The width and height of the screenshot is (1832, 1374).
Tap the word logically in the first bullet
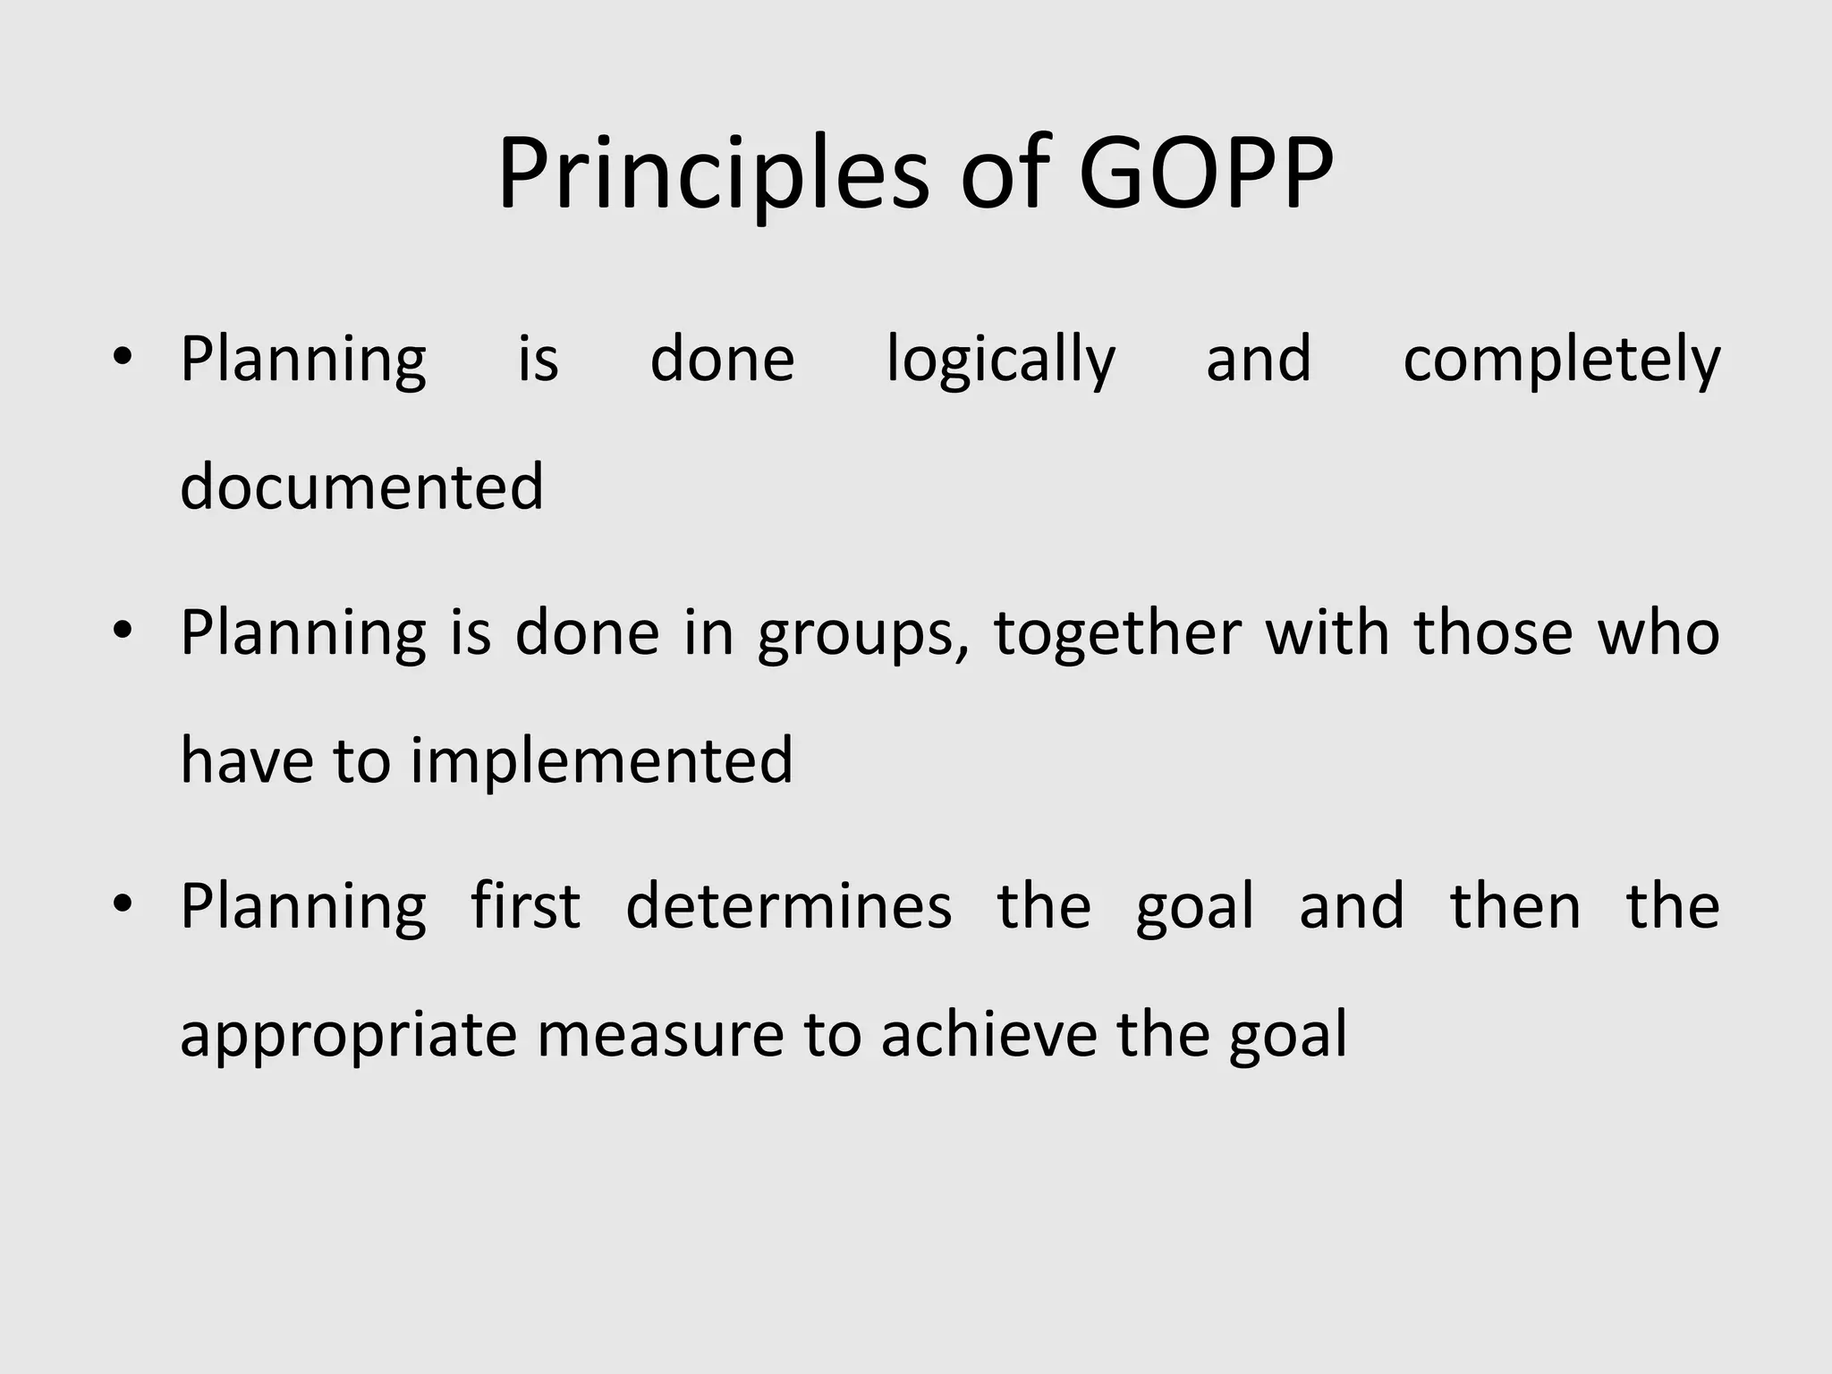pyautogui.click(x=1000, y=360)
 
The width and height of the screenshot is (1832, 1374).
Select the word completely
pyautogui.click(x=1561, y=360)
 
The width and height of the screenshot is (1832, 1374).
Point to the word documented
pyautogui.click(x=361, y=487)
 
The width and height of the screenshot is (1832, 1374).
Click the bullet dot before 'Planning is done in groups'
pyautogui.click(x=123, y=632)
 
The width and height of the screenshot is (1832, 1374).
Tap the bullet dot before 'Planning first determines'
pyautogui.click(x=123, y=905)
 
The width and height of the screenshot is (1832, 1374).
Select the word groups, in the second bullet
pyautogui.click(x=863, y=635)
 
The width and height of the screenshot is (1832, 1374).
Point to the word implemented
pyautogui.click(x=601, y=760)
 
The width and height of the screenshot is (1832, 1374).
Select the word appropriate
pyautogui.click(x=348, y=1036)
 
